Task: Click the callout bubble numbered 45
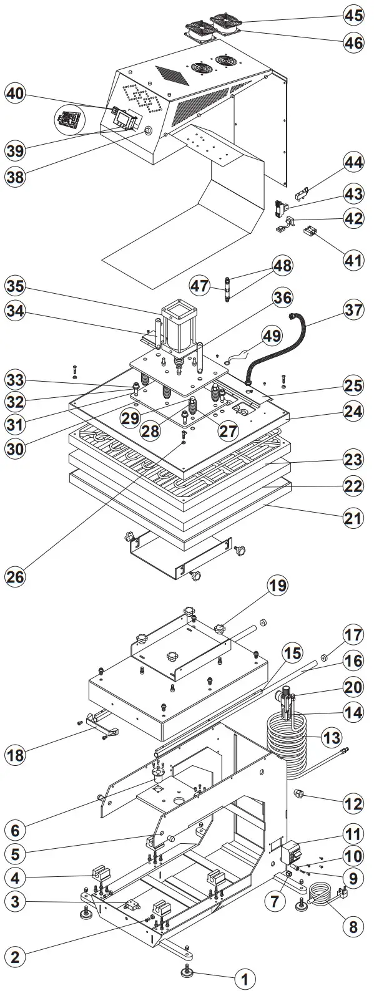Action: coord(354,14)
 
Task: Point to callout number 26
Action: coord(16,576)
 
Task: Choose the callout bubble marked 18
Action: coord(16,755)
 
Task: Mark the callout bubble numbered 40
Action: coord(16,94)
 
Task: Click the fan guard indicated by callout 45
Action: coord(227,22)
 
